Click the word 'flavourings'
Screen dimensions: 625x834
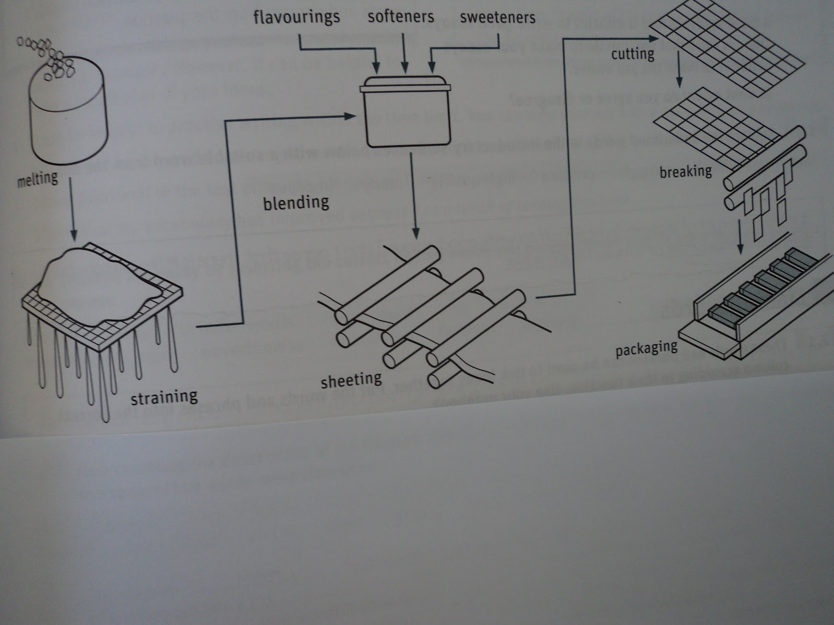(296, 17)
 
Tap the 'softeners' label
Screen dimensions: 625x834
(400, 17)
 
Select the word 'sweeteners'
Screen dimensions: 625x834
(497, 18)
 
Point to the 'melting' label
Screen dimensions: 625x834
(37, 180)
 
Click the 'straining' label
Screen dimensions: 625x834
(164, 397)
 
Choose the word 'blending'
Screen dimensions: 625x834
(296, 202)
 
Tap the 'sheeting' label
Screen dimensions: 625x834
(351, 380)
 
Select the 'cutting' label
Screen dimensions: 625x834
(632, 54)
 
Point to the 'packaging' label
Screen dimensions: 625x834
(646, 348)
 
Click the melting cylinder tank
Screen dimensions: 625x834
(68, 120)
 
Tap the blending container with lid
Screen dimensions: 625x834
(405, 112)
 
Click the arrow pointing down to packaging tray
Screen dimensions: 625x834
(741, 237)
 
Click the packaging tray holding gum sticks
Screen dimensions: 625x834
(756, 307)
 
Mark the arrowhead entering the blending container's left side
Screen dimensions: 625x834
(350, 117)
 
